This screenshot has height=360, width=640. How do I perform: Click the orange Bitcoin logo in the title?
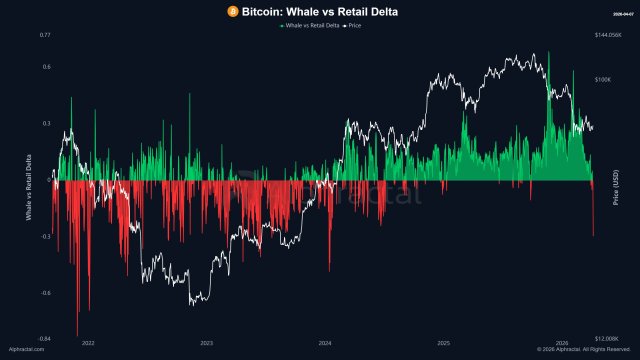pyautogui.click(x=233, y=11)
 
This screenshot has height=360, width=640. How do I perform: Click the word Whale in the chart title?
pyautogui.click(x=300, y=11)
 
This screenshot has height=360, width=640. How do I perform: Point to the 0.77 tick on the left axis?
pyautogui.click(x=45, y=36)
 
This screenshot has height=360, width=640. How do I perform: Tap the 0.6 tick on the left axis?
pyautogui.click(x=46, y=67)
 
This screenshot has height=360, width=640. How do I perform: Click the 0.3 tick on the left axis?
pyautogui.click(x=46, y=123)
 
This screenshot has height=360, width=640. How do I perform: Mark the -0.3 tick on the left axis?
pyautogui.click(x=45, y=237)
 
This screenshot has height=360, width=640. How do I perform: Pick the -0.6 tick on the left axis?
pyautogui.click(x=45, y=293)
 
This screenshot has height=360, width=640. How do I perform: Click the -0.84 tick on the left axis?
pyautogui.click(x=44, y=339)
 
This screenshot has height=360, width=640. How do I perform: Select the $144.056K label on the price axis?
pyautogui.click(x=608, y=36)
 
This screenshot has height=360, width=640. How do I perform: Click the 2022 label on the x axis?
pyautogui.click(x=88, y=343)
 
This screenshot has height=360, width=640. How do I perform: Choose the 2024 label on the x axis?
pyautogui.click(x=324, y=343)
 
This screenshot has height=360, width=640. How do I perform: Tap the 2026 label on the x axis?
pyautogui.click(x=560, y=343)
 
